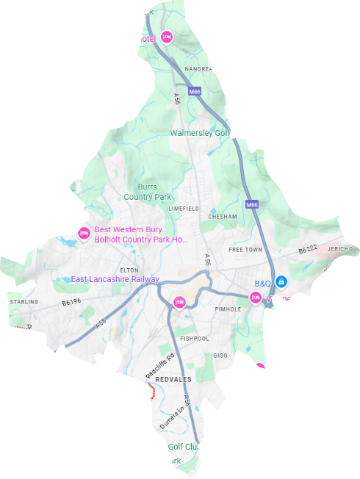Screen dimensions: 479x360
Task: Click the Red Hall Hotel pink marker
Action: (167, 37)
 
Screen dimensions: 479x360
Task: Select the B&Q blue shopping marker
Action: (281, 282)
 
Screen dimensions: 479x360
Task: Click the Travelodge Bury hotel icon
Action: (259, 369)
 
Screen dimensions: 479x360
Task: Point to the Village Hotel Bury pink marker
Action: (256, 298)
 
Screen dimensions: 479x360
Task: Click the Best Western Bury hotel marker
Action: (84, 234)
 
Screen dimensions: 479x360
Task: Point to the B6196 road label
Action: (71, 302)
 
